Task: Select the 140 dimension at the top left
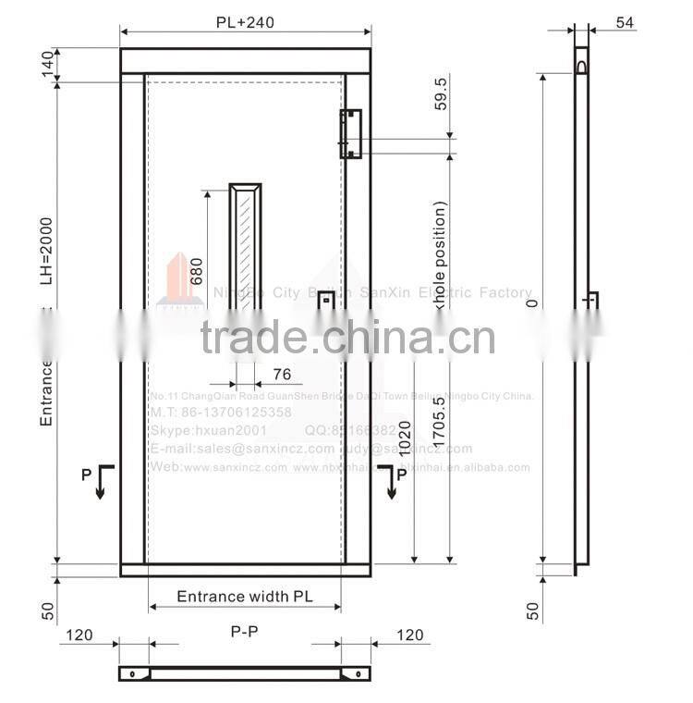point(46,65)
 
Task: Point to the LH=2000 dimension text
point(46,251)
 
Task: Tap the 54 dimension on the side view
point(624,23)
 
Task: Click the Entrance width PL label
point(244,597)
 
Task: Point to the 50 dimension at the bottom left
point(46,610)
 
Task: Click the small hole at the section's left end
point(131,672)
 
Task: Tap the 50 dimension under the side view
point(532,610)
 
